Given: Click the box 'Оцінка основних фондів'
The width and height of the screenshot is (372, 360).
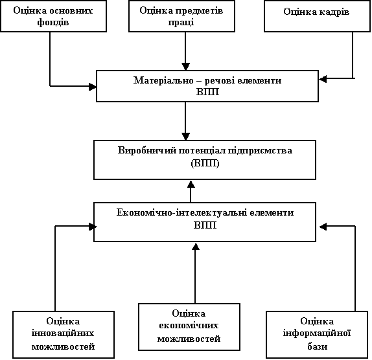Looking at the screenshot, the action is click(53, 16).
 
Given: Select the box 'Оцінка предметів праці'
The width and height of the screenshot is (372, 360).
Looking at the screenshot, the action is click(181, 16).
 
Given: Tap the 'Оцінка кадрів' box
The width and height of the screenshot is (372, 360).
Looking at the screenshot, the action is click(317, 16).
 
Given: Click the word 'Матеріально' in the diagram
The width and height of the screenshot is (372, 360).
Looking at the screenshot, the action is click(163, 80).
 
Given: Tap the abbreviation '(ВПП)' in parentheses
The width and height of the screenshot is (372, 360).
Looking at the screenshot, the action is click(205, 163).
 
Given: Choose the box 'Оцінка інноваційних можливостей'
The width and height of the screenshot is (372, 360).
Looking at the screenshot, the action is click(64, 335).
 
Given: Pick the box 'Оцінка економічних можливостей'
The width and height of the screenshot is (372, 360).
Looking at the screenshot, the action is click(189, 327).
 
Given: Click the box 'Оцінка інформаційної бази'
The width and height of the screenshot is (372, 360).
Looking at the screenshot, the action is click(317, 335).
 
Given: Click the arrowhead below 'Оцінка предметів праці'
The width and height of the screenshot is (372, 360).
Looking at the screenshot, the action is click(185, 67).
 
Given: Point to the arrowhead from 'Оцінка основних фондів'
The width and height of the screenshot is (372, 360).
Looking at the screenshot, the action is click(93, 87).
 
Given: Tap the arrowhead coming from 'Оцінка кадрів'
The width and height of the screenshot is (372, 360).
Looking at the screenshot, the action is click(323, 79).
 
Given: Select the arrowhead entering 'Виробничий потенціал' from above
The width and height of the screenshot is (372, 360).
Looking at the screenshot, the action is click(185, 137).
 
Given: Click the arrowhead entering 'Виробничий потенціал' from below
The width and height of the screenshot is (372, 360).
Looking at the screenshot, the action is click(191, 184).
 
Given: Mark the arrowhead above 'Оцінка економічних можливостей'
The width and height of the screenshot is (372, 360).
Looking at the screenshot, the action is click(196, 246).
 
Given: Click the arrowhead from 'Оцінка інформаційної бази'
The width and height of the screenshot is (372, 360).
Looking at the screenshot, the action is click(323, 227).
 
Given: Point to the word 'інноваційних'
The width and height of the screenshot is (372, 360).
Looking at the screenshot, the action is click(63, 333).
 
